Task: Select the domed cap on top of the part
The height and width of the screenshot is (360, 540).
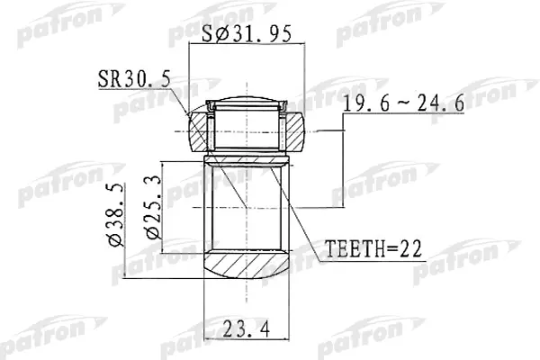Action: pos(245,100)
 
